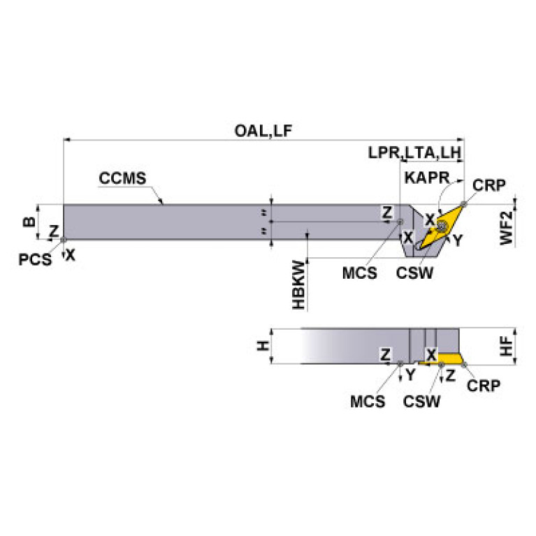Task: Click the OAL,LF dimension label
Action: [263, 131]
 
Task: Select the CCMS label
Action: [122, 178]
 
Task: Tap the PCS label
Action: [35, 259]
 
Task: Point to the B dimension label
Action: [29, 222]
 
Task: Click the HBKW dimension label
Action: [298, 284]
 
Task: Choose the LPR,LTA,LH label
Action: [414, 152]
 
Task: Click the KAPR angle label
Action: [427, 178]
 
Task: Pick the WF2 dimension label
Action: [506, 228]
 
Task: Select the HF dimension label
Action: [506, 346]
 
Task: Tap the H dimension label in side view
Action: [263, 346]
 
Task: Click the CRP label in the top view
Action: [488, 185]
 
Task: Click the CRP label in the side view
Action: [484, 386]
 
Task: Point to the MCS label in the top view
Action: [360, 273]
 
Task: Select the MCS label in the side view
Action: [368, 402]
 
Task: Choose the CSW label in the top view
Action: [414, 273]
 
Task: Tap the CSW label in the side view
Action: [421, 402]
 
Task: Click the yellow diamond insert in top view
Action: [444, 224]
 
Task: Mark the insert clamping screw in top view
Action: [442, 226]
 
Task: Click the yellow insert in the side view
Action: [444, 359]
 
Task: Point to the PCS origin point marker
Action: [63, 240]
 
